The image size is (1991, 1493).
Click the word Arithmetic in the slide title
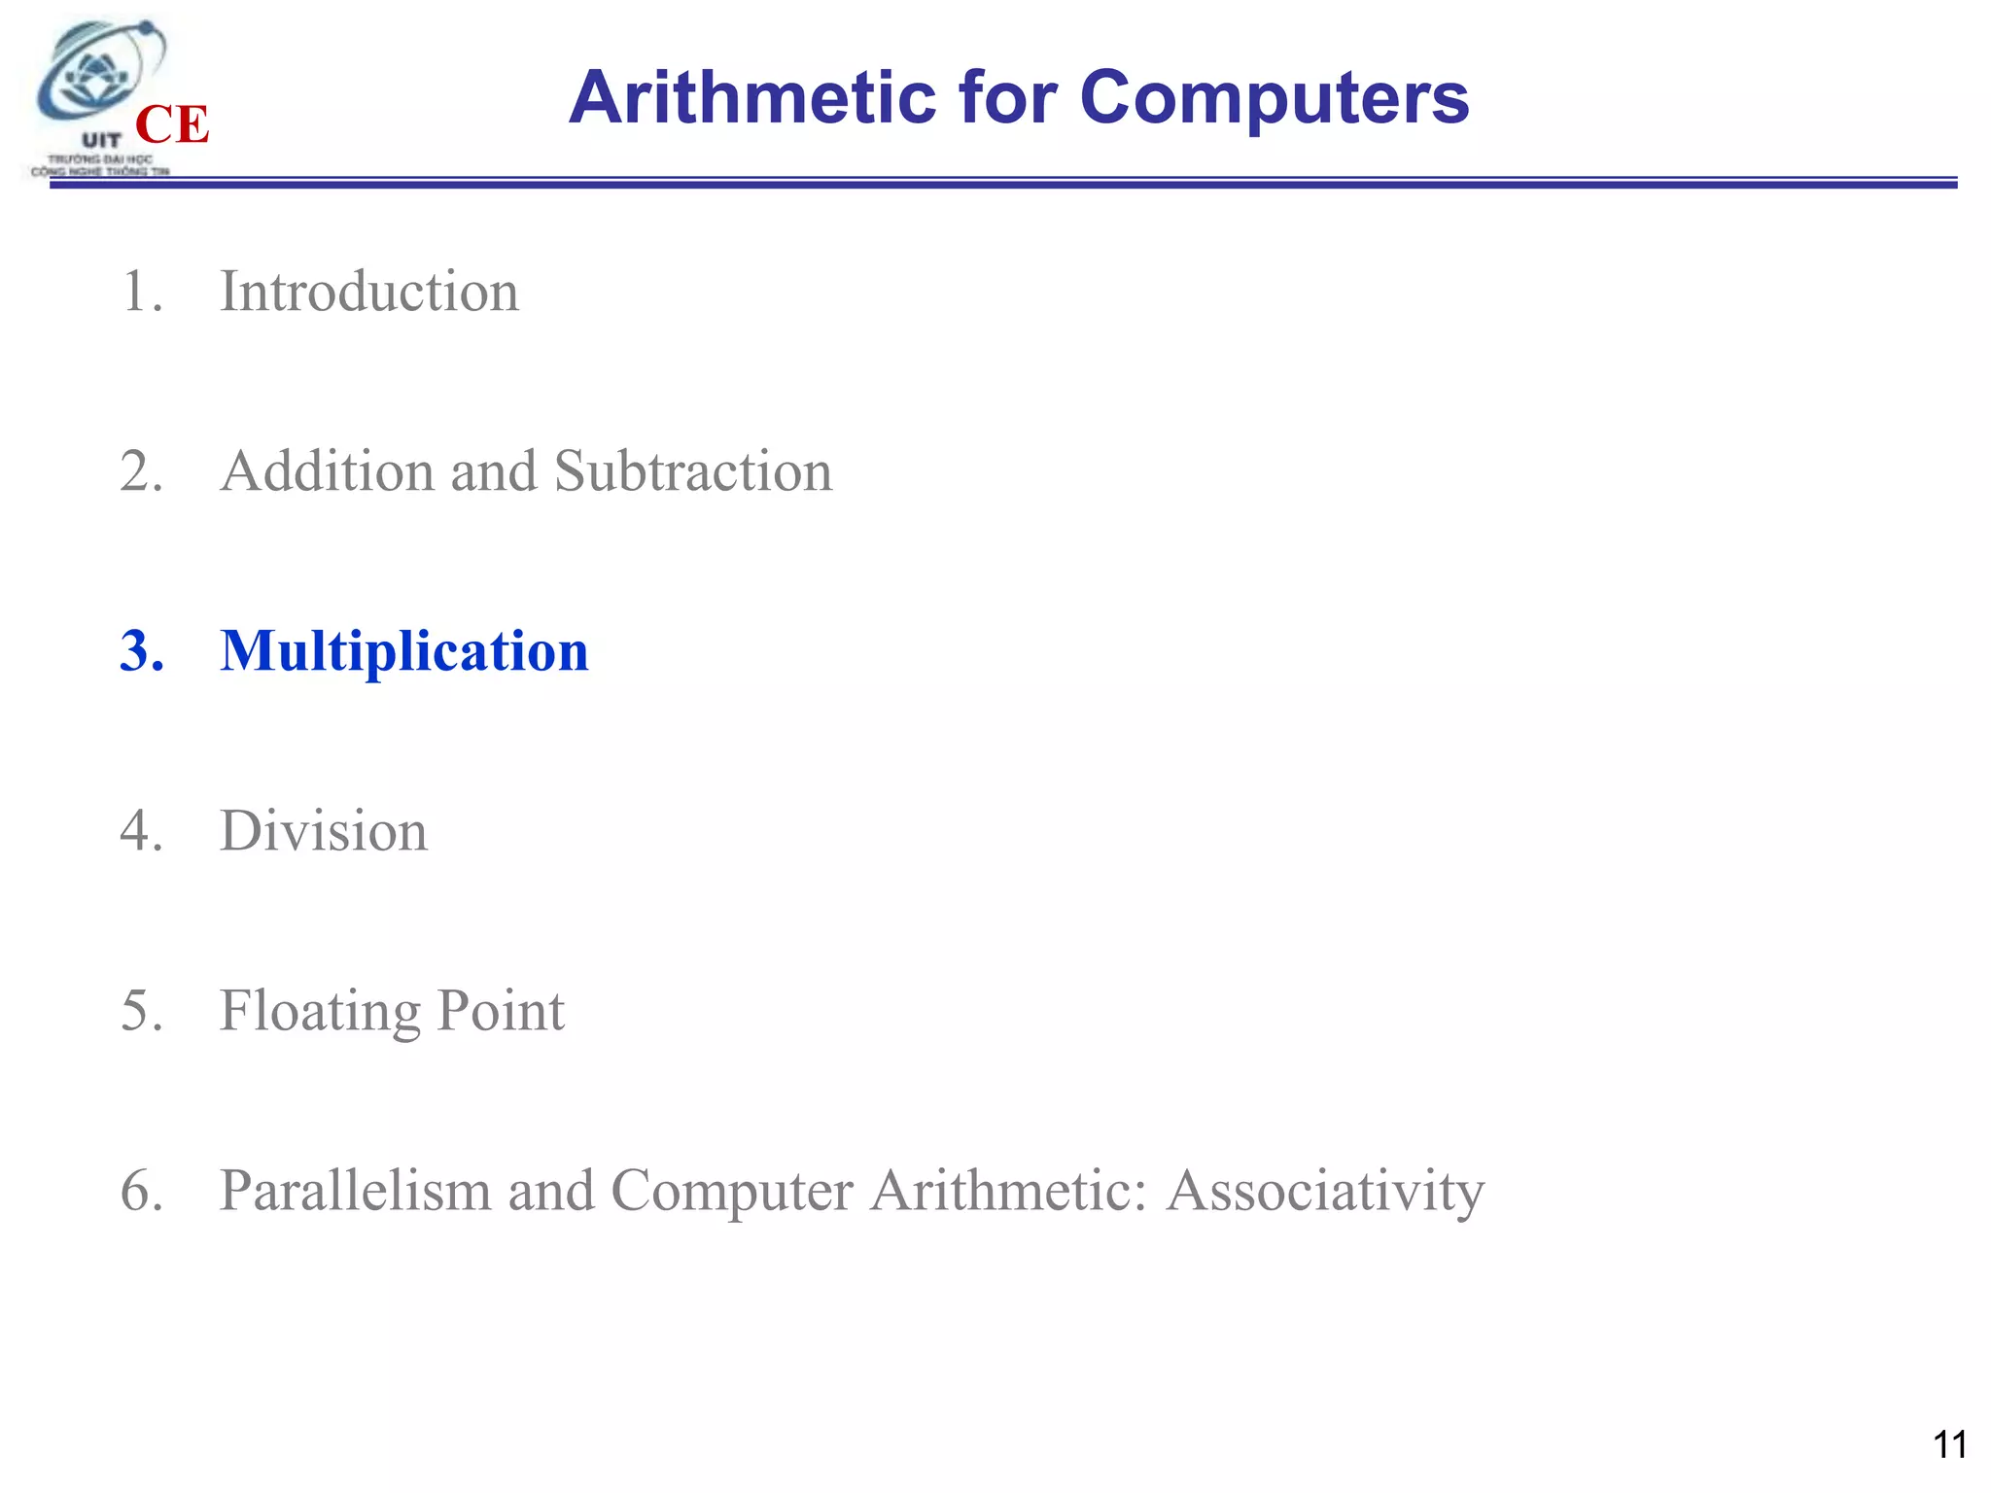[753, 98]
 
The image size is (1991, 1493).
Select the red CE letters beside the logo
[172, 124]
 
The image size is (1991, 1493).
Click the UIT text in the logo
[101, 141]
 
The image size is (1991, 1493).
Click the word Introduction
[369, 292]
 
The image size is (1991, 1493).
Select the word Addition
[327, 471]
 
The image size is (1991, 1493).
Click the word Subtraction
[693, 471]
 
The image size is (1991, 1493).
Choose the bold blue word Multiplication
[404, 651]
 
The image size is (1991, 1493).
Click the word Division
[324, 831]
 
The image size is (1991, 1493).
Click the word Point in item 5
[501, 1011]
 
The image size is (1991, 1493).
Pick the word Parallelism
[355, 1191]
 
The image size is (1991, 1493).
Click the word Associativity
[1325, 1192]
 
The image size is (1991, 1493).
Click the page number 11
[1949, 1444]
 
